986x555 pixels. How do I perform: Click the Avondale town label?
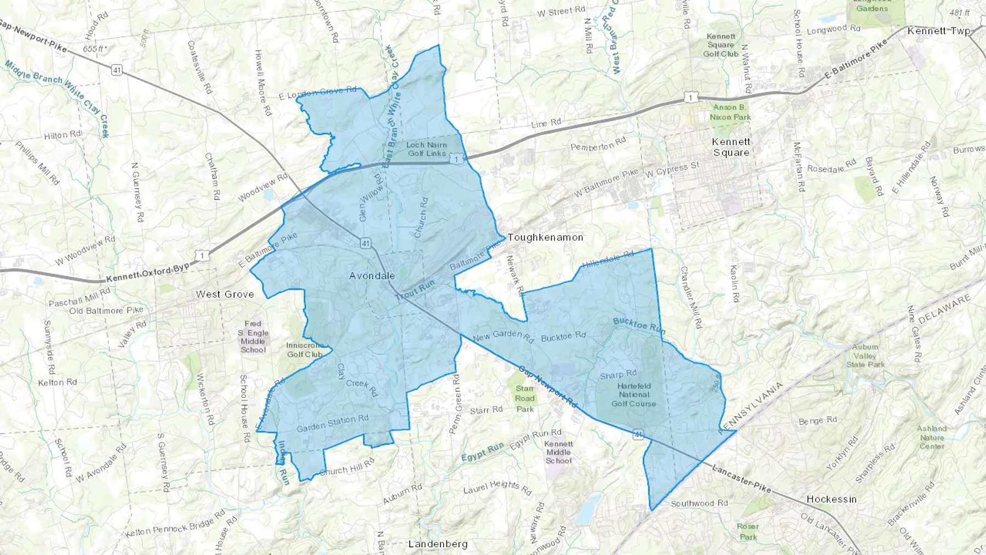(372, 276)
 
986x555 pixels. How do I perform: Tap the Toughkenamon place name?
(545, 237)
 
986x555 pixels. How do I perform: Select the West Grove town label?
(225, 294)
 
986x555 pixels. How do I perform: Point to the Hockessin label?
(831, 499)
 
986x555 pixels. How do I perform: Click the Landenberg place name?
(438, 544)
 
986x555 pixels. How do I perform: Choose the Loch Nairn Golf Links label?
(427, 149)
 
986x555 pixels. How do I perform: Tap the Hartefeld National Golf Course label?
(634, 394)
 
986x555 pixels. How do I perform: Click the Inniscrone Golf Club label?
(305, 350)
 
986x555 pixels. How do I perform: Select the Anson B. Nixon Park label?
(730, 112)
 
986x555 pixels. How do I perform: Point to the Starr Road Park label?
(524, 398)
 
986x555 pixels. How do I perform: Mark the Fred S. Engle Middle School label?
(253, 337)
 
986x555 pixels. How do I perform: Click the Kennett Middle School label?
(558, 453)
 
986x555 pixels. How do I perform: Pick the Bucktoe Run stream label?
(639, 325)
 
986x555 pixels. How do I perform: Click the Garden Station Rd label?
(333, 424)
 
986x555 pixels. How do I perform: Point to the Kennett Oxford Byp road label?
(148, 272)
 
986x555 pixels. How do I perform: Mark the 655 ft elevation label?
(94, 49)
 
